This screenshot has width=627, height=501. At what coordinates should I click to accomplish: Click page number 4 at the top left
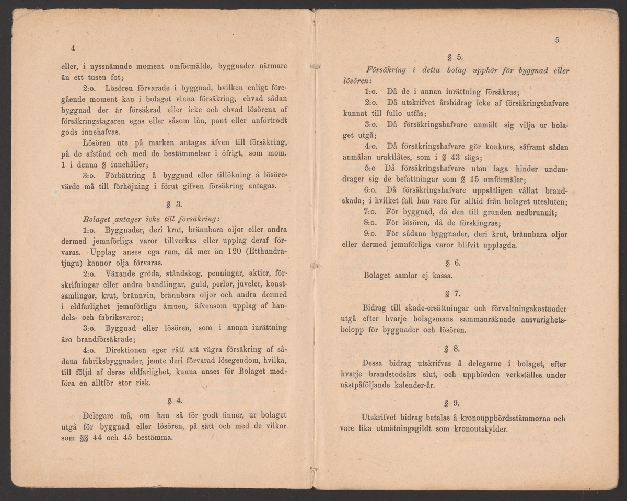click(73, 49)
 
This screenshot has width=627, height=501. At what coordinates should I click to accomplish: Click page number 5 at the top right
click(558, 40)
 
